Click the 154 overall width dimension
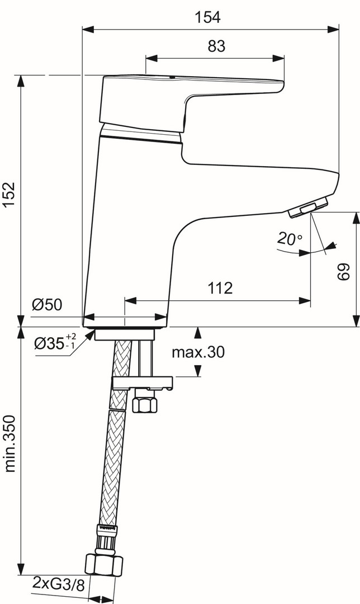tap(207, 17)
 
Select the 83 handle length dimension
tap(216, 46)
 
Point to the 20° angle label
tap(289, 239)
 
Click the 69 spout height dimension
tap(344, 272)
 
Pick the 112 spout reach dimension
tap(220, 288)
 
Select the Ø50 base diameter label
tap(46, 305)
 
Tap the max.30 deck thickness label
tap(198, 352)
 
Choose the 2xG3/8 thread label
tap(58, 585)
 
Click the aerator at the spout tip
tap(309, 207)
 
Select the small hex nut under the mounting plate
tap(145, 404)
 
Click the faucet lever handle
tap(191, 102)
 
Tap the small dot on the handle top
tap(172, 77)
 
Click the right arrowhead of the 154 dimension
tap(333, 29)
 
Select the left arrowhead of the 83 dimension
tap(151, 58)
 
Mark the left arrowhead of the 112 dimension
tap(131, 300)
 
